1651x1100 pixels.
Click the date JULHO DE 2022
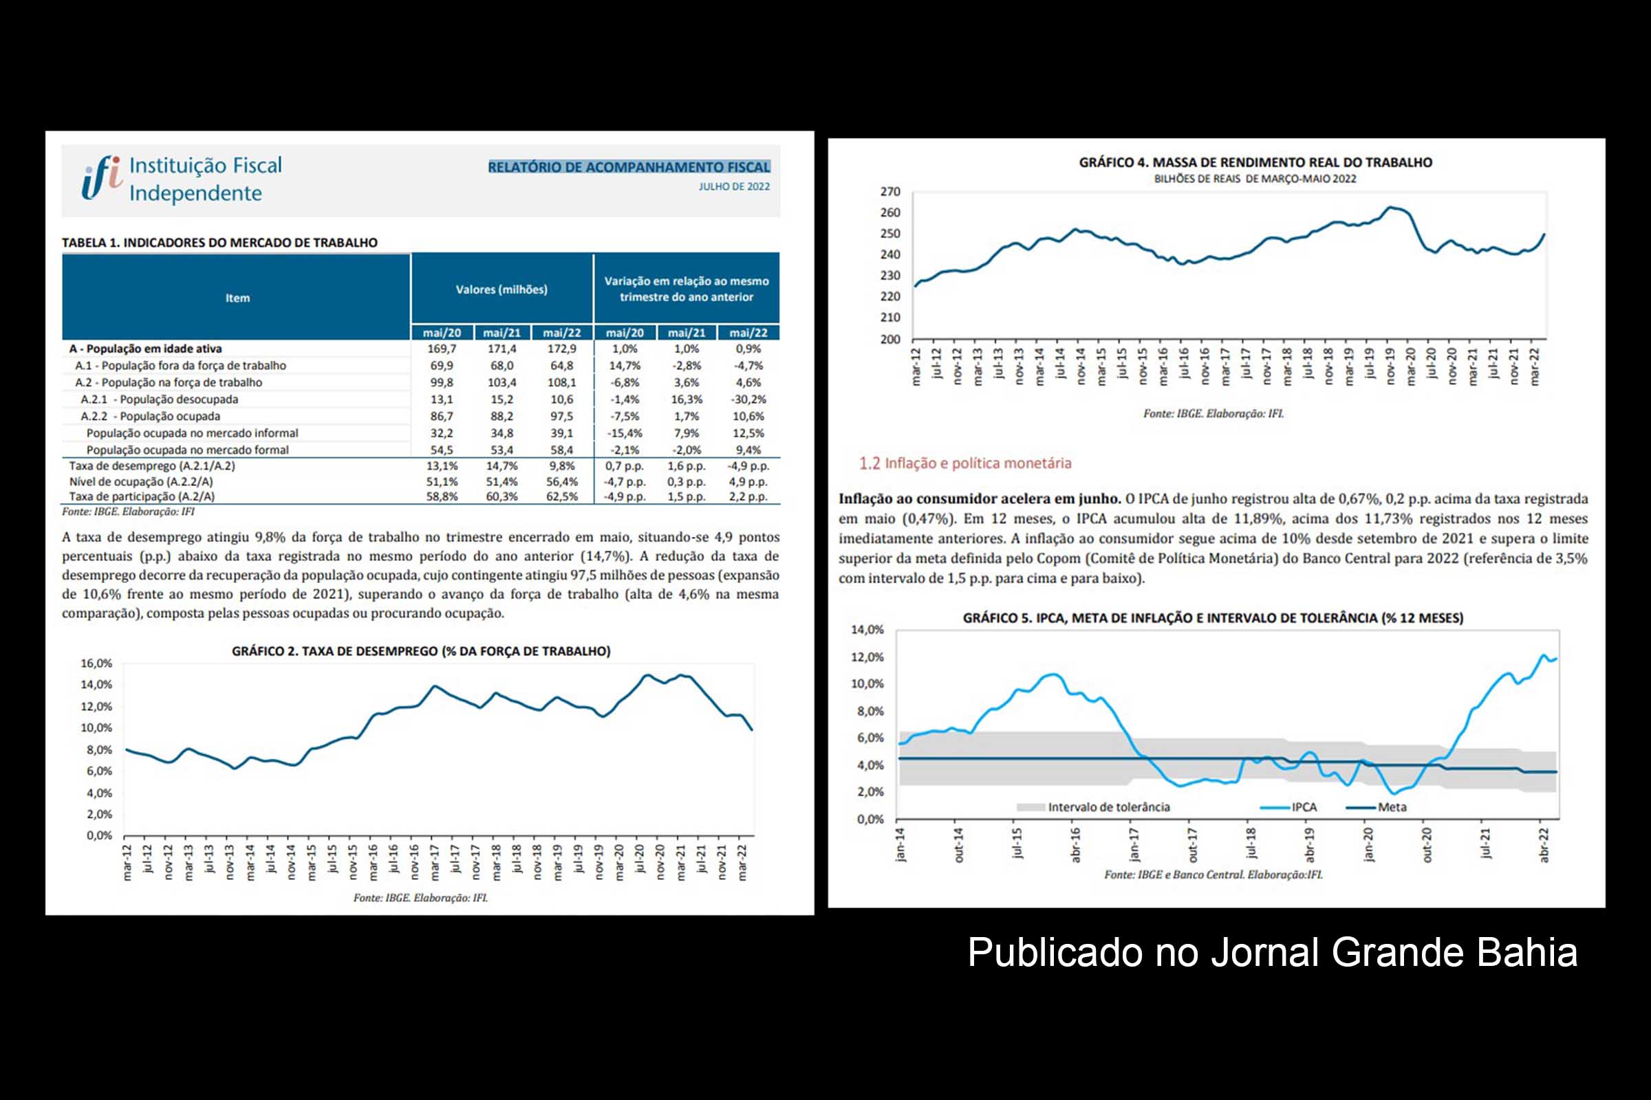pos(733,186)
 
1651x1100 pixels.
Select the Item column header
pos(237,298)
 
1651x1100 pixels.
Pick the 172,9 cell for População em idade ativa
pos(561,349)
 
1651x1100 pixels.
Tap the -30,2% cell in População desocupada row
pos(748,399)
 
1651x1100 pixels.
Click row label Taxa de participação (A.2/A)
pos(142,496)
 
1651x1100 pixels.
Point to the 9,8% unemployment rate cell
pos(561,466)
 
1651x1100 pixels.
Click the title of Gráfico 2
pos(421,651)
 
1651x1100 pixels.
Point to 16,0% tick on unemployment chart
pos(96,663)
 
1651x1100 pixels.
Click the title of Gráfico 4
pos(1255,163)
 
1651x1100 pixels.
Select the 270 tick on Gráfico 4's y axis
pos(890,192)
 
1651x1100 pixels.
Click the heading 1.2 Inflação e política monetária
pos(965,463)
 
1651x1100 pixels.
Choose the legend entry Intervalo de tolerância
pos(1108,807)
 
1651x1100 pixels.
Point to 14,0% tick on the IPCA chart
pos(867,630)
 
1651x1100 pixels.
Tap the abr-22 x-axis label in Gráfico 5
pos(1544,845)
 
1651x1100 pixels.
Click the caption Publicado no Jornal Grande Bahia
pos(1272,953)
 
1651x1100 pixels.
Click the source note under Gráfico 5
pos(1213,874)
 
